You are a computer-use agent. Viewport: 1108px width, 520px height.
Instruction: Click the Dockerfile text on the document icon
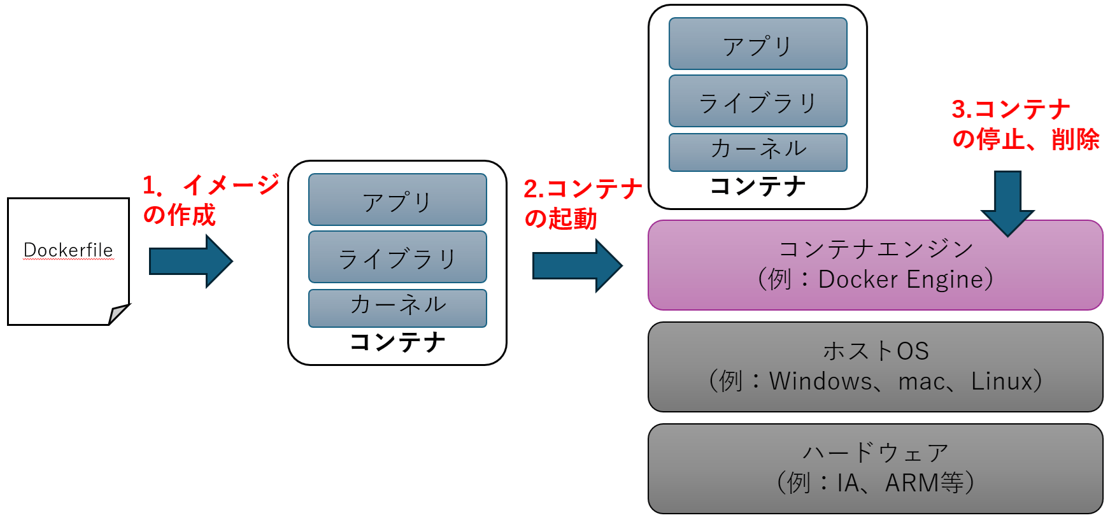tap(68, 250)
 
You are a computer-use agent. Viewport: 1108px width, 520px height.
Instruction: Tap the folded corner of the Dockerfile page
tap(118, 314)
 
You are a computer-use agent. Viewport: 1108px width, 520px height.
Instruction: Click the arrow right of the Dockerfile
tap(190, 261)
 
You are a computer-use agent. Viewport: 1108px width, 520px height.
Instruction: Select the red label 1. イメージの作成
tap(210, 199)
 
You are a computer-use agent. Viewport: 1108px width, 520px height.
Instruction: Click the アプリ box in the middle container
tap(397, 200)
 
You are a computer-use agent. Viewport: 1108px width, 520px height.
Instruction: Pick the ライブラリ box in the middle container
tap(397, 257)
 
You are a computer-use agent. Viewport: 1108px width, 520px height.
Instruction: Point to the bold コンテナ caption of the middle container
tap(397, 342)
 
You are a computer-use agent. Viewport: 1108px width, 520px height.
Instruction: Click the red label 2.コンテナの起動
tap(582, 204)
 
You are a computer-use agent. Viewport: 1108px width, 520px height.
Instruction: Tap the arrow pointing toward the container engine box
tap(576, 265)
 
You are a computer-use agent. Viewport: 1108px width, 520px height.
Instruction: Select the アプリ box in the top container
tap(758, 44)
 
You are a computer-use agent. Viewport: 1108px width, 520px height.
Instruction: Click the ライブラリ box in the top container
tap(758, 101)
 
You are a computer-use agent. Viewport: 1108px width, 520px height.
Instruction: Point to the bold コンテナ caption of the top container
tap(758, 186)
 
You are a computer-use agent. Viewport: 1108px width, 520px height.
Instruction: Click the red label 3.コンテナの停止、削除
tap(1025, 124)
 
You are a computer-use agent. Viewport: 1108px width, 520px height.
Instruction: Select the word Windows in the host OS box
tap(820, 381)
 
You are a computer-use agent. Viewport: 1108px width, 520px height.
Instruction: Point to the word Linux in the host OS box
tap(1001, 381)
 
